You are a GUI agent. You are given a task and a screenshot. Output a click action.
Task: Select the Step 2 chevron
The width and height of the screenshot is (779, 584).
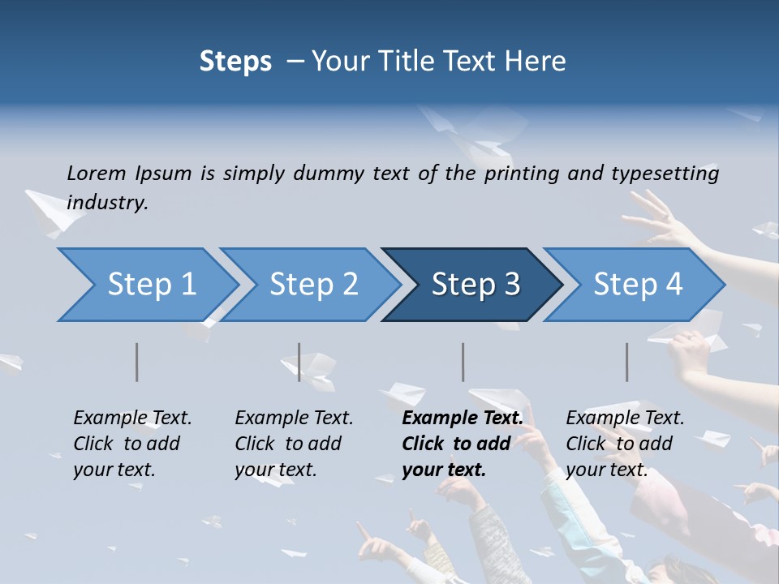pyautogui.click(x=313, y=285)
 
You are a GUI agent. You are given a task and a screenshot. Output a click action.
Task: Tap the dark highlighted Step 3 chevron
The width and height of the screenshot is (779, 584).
pyautogui.click(x=476, y=285)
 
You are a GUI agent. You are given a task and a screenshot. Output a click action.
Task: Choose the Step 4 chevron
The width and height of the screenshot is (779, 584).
pyautogui.click(x=638, y=285)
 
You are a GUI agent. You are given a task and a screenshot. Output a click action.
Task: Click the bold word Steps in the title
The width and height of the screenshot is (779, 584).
pyautogui.click(x=235, y=62)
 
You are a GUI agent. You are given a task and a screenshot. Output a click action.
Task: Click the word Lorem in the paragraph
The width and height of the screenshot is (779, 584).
pyautogui.click(x=97, y=174)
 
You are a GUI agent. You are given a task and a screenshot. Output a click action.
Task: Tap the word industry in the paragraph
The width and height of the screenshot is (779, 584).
pyautogui.click(x=107, y=202)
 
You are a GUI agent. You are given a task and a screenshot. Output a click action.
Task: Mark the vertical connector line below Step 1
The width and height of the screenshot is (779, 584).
pyautogui.click(x=136, y=362)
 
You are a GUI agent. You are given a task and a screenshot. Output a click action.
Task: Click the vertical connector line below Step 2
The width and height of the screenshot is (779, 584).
pyautogui.click(x=299, y=362)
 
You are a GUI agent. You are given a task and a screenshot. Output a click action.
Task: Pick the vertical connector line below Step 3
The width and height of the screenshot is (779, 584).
pyautogui.click(x=463, y=362)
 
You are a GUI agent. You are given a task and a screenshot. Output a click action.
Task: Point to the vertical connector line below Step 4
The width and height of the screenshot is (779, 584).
pyautogui.click(x=626, y=362)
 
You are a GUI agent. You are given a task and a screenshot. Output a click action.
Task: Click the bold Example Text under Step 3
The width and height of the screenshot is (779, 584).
pyautogui.click(x=463, y=419)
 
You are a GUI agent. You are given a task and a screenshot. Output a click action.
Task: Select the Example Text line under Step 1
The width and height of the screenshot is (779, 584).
pyautogui.click(x=132, y=419)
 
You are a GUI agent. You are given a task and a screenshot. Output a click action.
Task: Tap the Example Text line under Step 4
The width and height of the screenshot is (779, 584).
pyautogui.click(x=625, y=419)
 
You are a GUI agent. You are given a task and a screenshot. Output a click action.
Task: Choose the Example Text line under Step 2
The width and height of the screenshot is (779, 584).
pyautogui.click(x=294, y=419)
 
